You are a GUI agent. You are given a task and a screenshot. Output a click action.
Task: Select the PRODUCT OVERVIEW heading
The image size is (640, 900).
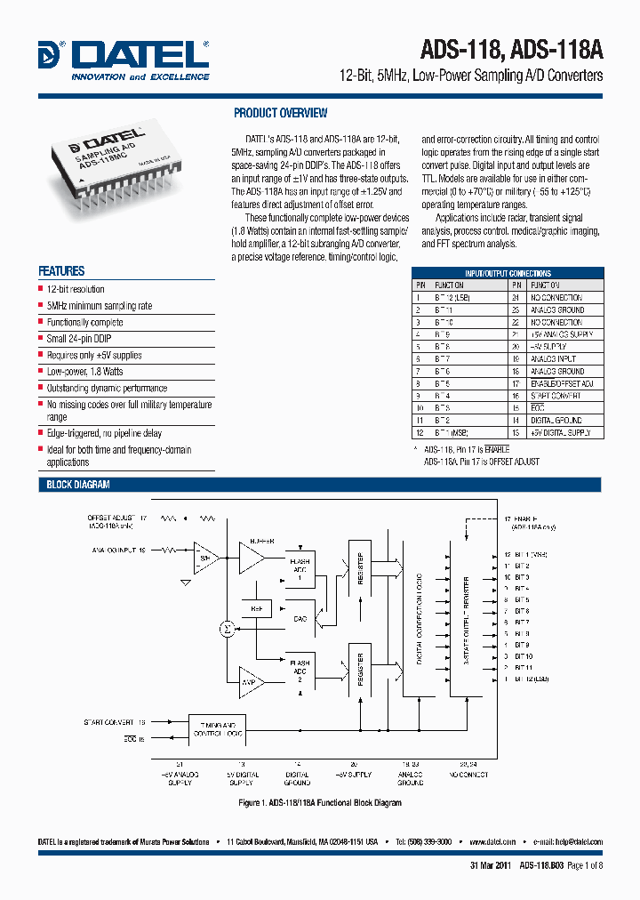pyautogui.click(x=280, y=113)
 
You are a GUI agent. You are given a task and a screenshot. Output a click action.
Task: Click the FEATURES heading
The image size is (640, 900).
pyautogui.click(x=61, y=271)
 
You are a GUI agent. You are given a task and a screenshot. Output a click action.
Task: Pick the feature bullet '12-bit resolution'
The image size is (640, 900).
pyautogui.click(x=76, y=289)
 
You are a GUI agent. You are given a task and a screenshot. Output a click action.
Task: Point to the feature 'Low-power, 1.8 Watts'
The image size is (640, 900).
pyautogui.click(x=84, y=372)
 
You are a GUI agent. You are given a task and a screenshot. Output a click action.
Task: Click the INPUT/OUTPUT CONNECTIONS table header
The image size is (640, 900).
pyautogui.click(x=508, y=273)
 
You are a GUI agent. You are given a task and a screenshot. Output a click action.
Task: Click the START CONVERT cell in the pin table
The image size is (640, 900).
pyautogui.click(x=556, y=396)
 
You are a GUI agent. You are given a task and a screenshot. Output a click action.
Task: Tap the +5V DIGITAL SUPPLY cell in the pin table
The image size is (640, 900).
pyautogui.click(x=561, y=432)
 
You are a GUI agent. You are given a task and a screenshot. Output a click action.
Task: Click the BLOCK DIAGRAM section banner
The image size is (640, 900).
pyautogui.click(x=78, y=485)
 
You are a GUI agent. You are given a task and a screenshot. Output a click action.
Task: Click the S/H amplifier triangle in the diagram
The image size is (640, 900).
pyautogui.click(x=206, y=558)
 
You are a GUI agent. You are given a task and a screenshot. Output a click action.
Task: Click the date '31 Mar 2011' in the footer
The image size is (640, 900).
pyautogui.click(x=490, y=865)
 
